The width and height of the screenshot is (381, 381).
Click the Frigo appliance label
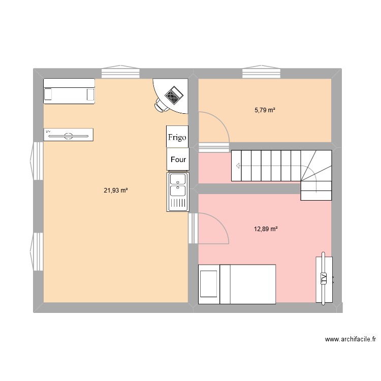click(x=177, y=137)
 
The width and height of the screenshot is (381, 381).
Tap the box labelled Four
click(x=178, y=159)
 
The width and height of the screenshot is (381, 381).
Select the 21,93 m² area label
click(x=116, y=190)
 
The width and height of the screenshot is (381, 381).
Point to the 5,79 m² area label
click(x=265, y=110)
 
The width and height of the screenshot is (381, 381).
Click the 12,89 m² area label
click(x=266, y=229)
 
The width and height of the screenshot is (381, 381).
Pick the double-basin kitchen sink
click(x=177, y=192)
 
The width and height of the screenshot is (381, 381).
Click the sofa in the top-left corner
click(x=69, y=91)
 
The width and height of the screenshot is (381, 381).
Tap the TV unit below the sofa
click(x=69, y=135)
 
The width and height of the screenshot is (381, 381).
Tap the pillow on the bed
click(x=208, y=283)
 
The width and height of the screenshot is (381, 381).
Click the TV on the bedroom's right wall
click(x=324, y=278)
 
